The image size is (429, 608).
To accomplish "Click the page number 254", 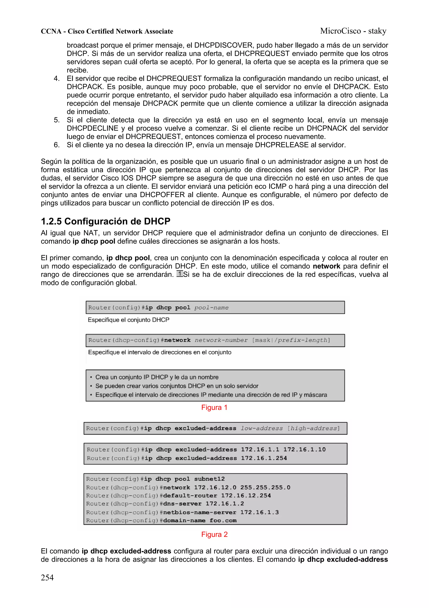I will (x=47, y=577).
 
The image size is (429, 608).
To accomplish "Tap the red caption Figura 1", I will (x=214, y=407).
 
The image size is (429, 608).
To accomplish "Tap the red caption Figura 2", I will (x=214, y=534).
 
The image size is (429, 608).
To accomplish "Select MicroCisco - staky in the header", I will (x=353, y=31).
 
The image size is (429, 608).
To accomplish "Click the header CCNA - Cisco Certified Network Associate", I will (x=107, y=31).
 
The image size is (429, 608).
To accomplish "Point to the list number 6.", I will (x=56, y=145).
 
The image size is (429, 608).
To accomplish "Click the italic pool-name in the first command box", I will (x=211, y=307).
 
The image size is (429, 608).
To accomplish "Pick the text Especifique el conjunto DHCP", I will (x=128, y=320).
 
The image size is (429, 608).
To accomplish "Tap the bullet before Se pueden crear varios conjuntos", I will (x=91, y=386).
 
